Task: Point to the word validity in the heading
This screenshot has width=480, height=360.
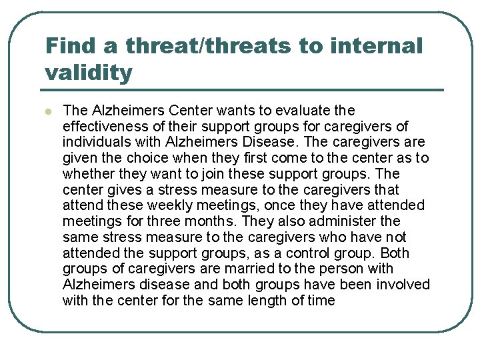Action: [x=89, y=73]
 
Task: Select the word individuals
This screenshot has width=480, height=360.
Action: [x=93, y=142]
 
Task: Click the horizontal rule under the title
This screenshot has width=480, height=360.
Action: [x=244, y=90]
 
